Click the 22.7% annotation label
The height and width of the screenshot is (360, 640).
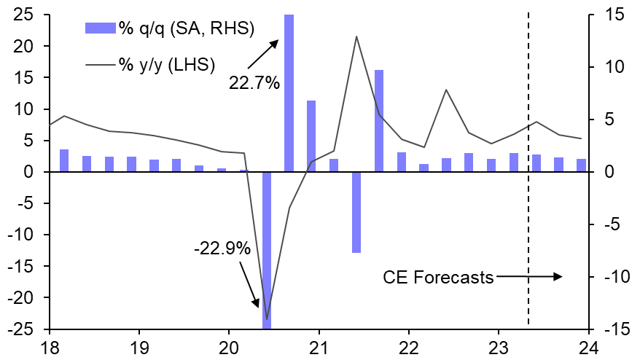tap(254, 83)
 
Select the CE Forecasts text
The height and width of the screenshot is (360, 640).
tap(438, 277)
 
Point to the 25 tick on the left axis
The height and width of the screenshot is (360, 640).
tap(26, 15)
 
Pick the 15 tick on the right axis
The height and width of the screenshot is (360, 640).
tap(609, 15)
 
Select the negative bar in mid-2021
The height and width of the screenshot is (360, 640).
tap(356, 212)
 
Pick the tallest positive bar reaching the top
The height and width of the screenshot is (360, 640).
tap(289, 93)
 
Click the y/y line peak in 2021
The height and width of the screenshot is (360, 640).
tap(356, 36)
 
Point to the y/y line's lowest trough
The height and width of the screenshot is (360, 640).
tap(267, 319)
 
